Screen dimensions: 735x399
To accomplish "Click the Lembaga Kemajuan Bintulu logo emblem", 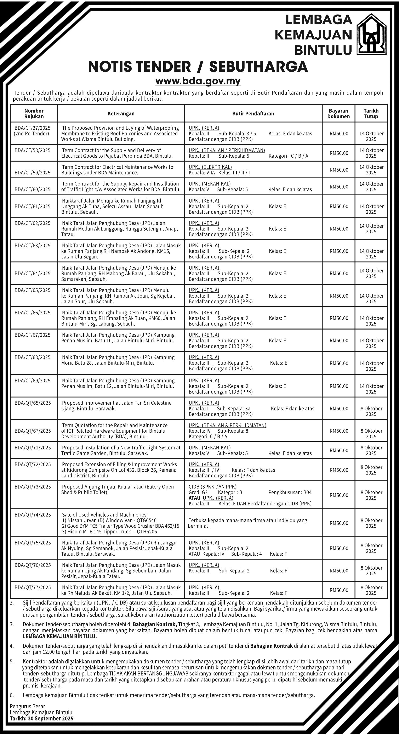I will click(372, 34).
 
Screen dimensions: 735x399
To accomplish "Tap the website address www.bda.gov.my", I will click(198, 81).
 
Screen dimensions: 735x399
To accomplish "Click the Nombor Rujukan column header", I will click(34, 114).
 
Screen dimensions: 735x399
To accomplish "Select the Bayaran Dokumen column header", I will click(338, 114).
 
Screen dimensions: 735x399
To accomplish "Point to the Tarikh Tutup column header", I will click(371, 114).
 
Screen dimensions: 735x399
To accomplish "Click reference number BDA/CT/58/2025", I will click(33, 150).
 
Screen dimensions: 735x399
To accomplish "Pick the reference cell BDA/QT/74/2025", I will click(33, 515).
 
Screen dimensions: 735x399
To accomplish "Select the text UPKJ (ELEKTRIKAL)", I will click(210, 167).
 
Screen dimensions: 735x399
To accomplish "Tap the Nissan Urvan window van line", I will click(109, 520).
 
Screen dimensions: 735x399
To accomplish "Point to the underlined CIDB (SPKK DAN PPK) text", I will click(212, 487).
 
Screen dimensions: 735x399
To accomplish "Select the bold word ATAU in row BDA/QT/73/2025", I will click(194, 498).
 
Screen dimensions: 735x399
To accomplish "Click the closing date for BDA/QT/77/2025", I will click(371, 590).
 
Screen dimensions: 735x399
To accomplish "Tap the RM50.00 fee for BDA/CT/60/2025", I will click(339, 187).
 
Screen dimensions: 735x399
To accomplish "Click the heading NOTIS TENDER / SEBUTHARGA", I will click(198, 67).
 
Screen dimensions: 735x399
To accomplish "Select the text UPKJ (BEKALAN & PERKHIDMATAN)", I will click(227, 425).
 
